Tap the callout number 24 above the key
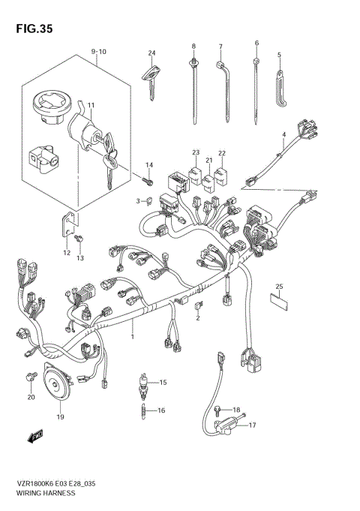[x=151, y=53]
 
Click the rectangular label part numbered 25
[x=279, y=302]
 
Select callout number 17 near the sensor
[x=252, y=425]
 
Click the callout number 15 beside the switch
[x=163, y=383]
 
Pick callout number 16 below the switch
[x=161, y=411]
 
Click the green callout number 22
[x=221, y=152]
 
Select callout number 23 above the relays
[x=195, y=152]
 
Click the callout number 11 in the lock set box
[x=91, y=104]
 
